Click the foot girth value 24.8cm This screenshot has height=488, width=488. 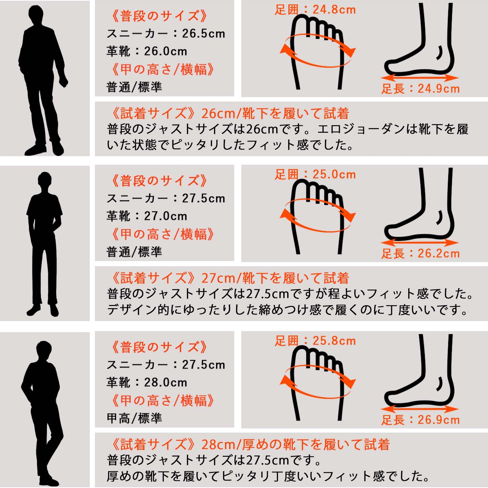coord(334,9)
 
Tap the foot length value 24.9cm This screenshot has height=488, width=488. coord(438,89)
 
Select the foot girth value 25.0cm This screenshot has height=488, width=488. coord(334,174)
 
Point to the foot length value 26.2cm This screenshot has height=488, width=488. coord(438,254)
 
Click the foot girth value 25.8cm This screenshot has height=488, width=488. coord(334,341)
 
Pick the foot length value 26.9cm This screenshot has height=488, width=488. coord(438,420)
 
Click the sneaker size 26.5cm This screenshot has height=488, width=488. coord(203,33)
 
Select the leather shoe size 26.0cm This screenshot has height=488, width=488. coord(165,51)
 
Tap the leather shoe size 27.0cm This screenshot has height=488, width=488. coord(165,216)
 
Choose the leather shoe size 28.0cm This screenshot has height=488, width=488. coord(165,383)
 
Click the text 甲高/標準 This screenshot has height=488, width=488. coord(134,418)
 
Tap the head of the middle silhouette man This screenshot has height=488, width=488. coord(45,179)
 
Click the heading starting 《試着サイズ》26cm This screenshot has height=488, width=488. coord(228,113)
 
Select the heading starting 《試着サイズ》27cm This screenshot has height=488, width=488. coord(228,278)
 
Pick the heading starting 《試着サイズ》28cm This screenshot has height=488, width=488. coord(249,444)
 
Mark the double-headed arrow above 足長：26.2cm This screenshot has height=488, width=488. coord(419,243)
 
